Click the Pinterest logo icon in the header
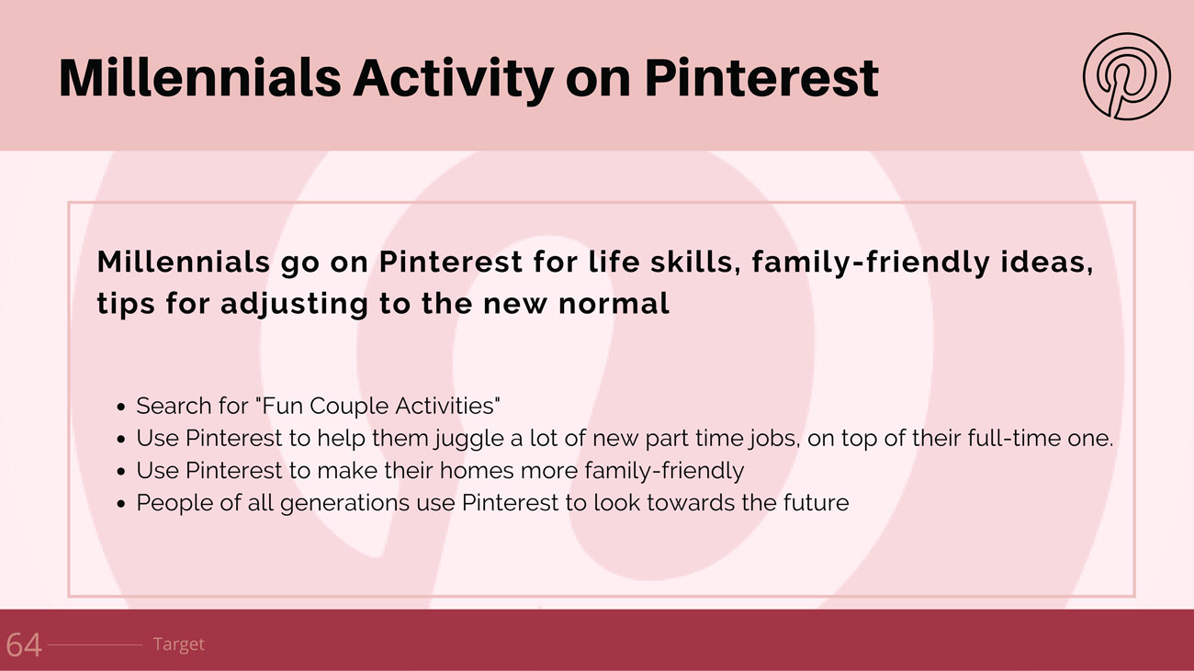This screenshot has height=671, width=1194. [x=1127, y=76]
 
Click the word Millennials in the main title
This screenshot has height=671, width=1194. [x=200, y=78]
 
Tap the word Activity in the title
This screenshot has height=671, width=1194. [x=453, y=80]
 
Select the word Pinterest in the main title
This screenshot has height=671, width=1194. [x=761, y=78]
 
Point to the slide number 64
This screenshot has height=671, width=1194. [x=24, y=645]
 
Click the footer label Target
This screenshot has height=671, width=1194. [x=178, y=644]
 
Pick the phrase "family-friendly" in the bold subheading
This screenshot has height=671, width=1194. [x=871, y=263]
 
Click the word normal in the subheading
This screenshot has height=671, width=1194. [x=614, y=304]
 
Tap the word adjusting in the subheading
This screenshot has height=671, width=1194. [x=294, y=305]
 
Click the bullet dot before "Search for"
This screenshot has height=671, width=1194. [x=121, y=408]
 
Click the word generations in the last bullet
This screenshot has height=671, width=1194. [x=344, y=504]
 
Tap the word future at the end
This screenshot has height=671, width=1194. [x=817, y=502]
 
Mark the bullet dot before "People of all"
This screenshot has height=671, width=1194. [x=121, y=504]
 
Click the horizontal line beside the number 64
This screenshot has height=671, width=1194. [x=95, y=645]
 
